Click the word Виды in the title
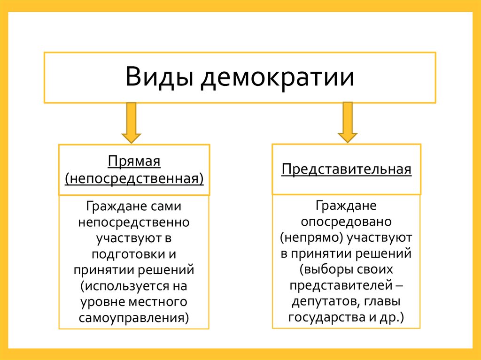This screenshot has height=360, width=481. tap(160, 77)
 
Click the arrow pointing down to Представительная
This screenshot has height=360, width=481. tap(348, 122)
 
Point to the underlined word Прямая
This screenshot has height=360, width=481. tap(134, 162)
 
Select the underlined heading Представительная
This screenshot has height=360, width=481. tap(347, 169)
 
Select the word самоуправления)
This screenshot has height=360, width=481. tap(134, 318)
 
